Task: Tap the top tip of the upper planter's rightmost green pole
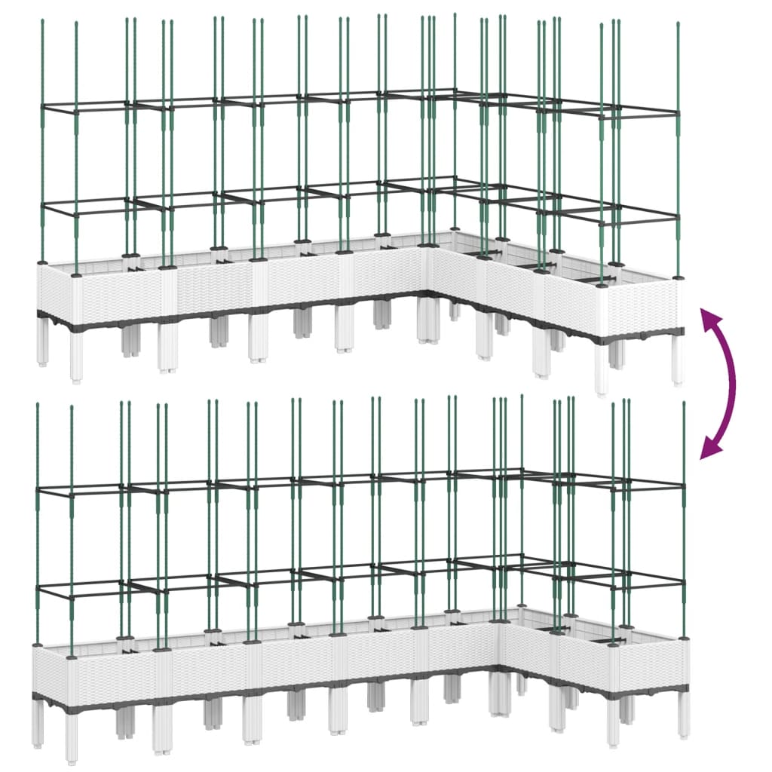[678, 24]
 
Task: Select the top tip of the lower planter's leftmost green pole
[37, 405]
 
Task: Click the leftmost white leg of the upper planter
[42, 345]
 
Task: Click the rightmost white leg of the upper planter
[678, 360]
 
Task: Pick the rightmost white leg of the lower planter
[684, 712]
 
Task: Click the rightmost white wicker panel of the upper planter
[641, 305]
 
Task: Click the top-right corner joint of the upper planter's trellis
[678, 113]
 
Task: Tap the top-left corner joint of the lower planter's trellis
[37, 490]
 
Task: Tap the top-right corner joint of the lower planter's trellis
[684, 487]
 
